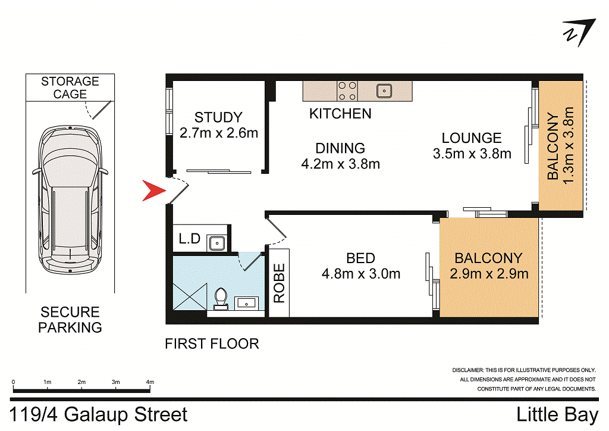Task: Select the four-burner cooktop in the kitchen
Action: (347, 91)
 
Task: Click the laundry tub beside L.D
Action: (215, 242)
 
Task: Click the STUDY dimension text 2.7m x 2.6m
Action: (218, 133)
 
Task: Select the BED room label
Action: (360, 258)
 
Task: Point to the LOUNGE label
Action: (472, 138)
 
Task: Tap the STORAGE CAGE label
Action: (70, 88)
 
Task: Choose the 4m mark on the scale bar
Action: (150, 382)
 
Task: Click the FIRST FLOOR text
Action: (212, 343)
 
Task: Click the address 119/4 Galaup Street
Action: (99, 414)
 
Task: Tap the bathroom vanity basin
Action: (246, 303)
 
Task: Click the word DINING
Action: (340, 148)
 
